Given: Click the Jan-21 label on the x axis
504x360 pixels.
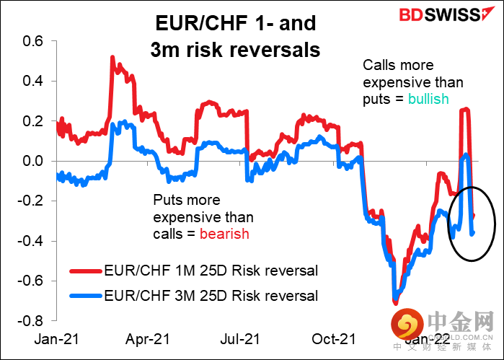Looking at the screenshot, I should [x=56, y=338].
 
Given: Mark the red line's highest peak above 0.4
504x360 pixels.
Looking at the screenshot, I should [x=112, y=57].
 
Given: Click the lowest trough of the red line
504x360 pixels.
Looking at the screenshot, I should [x=396, y=302].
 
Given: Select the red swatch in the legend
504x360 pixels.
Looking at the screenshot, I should [x=85, y=271].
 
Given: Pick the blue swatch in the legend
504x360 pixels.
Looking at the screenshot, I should [x=85, y=296].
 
